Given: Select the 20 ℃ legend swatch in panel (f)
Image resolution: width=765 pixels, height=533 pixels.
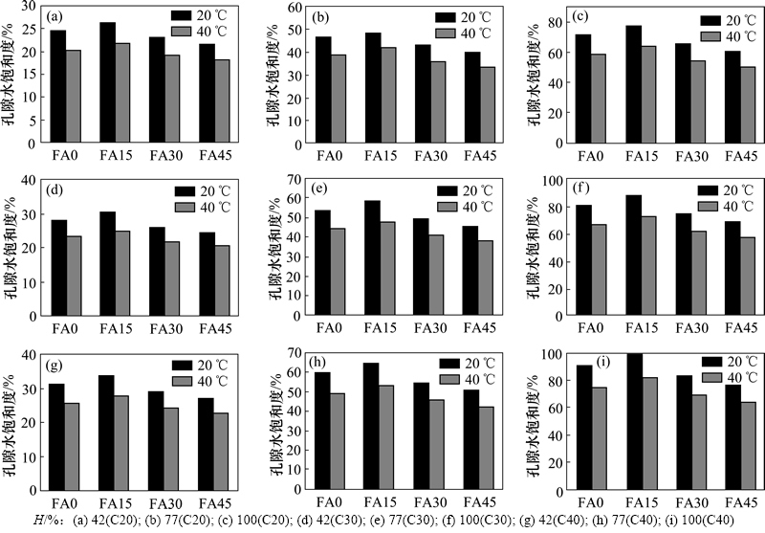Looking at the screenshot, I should point(707,190).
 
